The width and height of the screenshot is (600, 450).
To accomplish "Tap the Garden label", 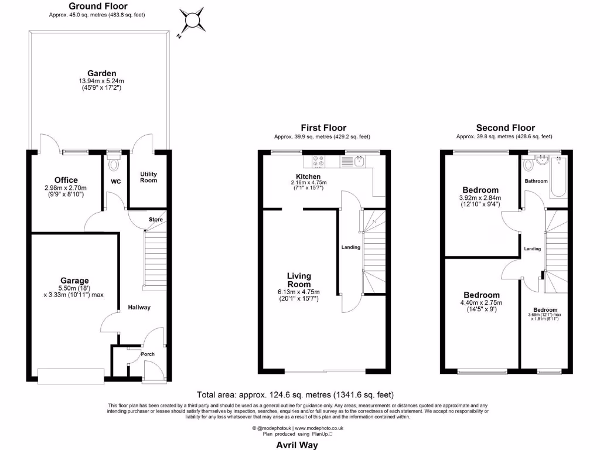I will click(x=98, y=73).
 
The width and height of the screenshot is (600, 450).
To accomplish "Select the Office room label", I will click(x=66, y=180).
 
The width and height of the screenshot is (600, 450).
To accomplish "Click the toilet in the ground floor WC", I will click(x=114, y=163).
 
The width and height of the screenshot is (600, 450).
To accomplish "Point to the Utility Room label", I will click(x=148, y=178).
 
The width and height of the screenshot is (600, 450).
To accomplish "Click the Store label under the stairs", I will click(x=156, y=220).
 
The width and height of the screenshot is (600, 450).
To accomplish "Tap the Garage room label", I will click(x=74, y=281).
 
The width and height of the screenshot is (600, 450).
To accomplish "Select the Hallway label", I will click(x=139, y=307).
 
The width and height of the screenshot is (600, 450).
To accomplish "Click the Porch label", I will click(x=146, y=354).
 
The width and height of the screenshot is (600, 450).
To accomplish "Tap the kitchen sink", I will click(x=359, y=161).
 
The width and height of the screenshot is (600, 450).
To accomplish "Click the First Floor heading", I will click(x=323, y=127).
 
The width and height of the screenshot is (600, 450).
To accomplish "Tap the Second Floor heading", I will click(x=505, y=127).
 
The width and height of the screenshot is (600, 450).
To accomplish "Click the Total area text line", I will click(x=299, y=395).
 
